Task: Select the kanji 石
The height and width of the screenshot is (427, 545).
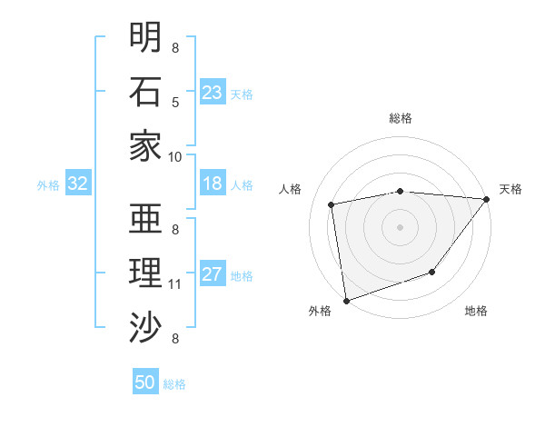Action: [145, 91]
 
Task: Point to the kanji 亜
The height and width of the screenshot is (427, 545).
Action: [145, 218]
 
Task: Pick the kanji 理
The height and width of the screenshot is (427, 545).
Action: [145, 273]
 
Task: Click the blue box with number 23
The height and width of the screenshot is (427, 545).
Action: [213, 93]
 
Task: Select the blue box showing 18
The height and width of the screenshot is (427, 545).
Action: [213, 184]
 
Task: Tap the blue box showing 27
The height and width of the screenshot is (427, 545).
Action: [213, 275]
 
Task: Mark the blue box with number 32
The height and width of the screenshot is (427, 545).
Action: [77, 184]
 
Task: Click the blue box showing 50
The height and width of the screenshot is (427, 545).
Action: [145, 382]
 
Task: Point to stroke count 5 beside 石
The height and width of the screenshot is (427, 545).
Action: [175, 103]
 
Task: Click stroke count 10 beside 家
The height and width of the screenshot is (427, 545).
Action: [175, 156]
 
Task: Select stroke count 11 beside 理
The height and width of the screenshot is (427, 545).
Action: [175, 284]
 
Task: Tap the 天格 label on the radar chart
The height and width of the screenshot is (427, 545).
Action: [510, 189]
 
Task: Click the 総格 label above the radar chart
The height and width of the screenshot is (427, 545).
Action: [400, 118]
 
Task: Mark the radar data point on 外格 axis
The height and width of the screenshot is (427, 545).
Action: [346, 300]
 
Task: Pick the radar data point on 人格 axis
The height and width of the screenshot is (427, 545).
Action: [332, 204]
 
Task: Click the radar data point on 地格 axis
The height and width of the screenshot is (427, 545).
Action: [432, 272]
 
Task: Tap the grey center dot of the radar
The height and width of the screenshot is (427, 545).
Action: [400, 226]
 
